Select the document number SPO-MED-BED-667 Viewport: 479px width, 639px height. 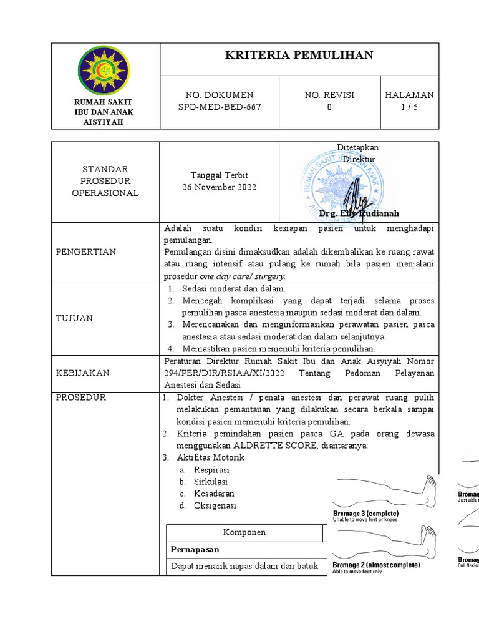tap(220, 107)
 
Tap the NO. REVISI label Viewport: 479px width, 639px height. tap(329, 95)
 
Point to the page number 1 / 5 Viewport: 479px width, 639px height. tap(409, 107)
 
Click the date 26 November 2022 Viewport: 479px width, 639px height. tap(219, 187)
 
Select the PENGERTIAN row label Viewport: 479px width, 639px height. tap(86, 251)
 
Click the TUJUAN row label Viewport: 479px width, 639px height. tap(74, 318)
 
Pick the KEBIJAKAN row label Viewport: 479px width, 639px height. tap(82, 373)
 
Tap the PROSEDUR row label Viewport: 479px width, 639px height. tap(81, 397)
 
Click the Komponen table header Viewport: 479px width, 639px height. tap(244, 532)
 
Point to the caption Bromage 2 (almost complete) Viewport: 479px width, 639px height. tap(376, 565)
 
